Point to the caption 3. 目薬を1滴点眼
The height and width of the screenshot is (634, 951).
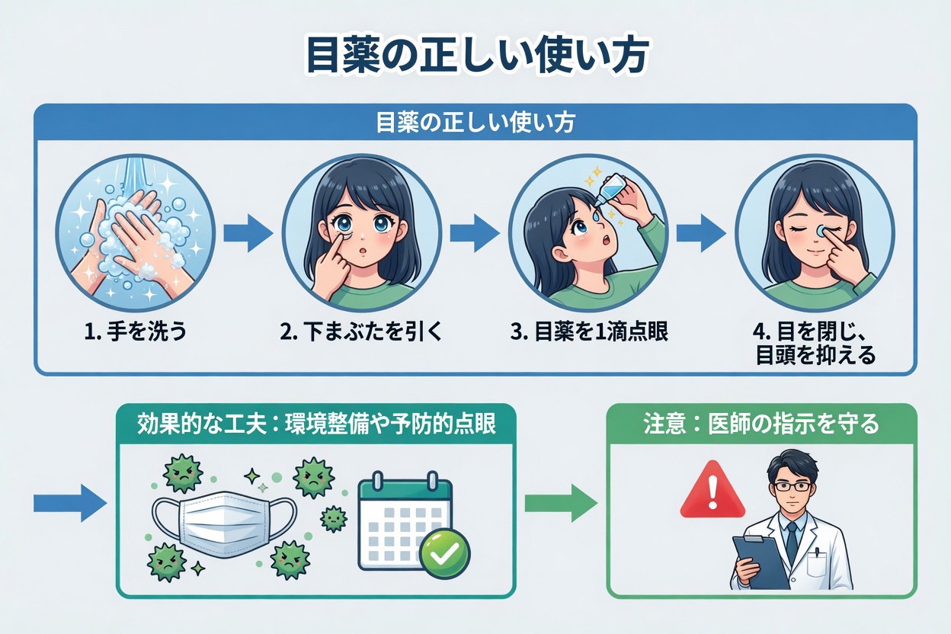point(589,333)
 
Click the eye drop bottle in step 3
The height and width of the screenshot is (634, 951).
point(614,187)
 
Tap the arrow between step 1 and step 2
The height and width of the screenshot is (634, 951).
point(248,233)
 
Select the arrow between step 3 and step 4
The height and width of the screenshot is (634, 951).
point(701,233)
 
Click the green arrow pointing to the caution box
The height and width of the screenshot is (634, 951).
point(561,503)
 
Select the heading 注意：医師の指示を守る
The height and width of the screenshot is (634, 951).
point(761,424)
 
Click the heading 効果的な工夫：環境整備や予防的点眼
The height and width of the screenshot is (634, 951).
point(315,424)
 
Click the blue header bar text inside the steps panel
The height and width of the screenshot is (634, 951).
point(475,123)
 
